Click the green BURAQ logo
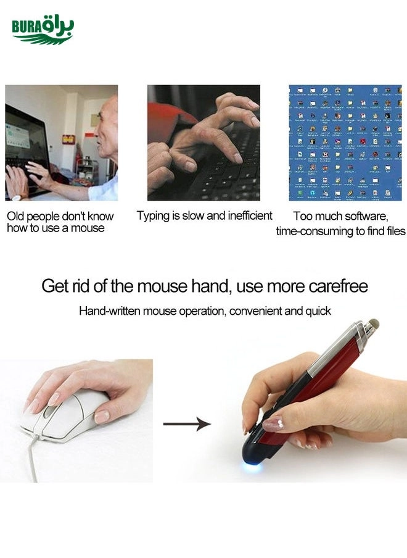pos(43,30)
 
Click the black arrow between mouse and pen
pos(187,424)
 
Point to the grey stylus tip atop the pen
pos(372,325)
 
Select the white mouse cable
pos(32,459)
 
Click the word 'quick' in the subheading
pos(318,311)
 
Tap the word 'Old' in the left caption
pos(15,216)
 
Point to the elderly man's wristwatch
pos(17,198)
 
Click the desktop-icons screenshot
pos(345,143)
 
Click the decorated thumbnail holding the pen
pos(273,424)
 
